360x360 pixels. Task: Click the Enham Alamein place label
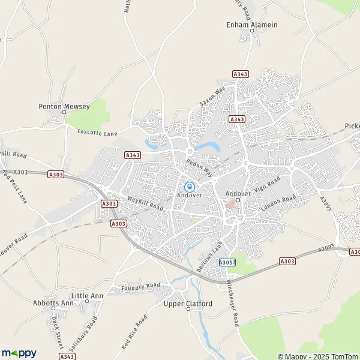[252, 25]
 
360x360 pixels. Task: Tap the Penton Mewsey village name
[64, 106]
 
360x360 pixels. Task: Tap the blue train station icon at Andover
[189, 187]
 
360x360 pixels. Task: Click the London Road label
[278, 205]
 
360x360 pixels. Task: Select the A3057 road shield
[227, 263]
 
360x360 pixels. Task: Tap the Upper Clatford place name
[188, 304]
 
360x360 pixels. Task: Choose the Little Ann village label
[87, 296]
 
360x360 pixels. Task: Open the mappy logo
[19, 353]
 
